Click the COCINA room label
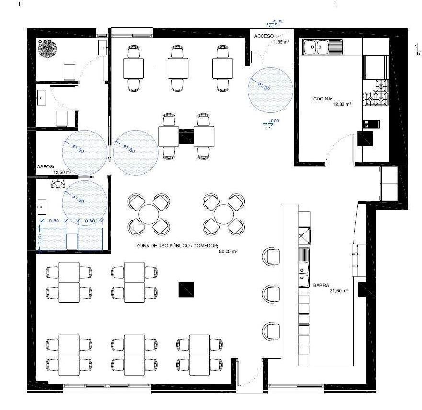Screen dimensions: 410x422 coord(322,99)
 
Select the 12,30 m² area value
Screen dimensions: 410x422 coord(342,103)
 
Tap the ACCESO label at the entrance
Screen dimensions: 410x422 coord(264,36)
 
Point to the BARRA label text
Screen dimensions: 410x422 coord(322,285)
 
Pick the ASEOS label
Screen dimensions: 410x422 coord(46,168)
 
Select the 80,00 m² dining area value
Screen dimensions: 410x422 coord(228,251)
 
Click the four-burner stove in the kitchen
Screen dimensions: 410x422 coord(376,93)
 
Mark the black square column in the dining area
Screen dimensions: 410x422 coord(185,289)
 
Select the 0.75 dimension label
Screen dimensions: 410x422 coord(40,240)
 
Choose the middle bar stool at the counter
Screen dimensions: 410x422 coord(271,292)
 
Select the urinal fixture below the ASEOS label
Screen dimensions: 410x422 coord(58,182)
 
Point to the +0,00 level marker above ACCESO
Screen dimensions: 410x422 coord(276,22)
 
